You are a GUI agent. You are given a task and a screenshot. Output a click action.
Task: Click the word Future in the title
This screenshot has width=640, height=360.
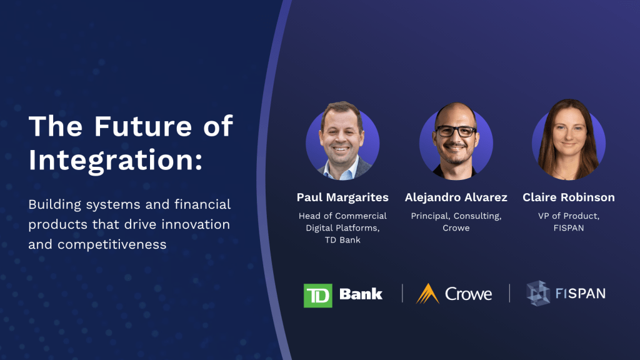click(143, 126)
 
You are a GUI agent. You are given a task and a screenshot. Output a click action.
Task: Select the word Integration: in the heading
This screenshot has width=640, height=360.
click(116, 161)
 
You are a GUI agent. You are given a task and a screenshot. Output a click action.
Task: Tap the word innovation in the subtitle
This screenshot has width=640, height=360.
click(196, 224)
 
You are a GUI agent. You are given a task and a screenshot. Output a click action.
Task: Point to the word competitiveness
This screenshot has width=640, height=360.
click(112, 244)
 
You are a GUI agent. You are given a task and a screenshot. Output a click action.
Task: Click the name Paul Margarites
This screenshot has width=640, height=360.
click(342, 197)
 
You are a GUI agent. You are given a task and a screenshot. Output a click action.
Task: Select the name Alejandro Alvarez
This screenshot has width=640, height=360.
click(456, 197)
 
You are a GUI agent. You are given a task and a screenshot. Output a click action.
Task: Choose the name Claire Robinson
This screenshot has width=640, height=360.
click(569, 197)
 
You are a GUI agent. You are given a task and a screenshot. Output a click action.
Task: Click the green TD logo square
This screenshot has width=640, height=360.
click(318, 296)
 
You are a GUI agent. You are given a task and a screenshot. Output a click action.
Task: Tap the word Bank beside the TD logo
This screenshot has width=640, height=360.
click(361, 294)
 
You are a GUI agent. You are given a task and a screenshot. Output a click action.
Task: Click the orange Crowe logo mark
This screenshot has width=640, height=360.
click(427, 294)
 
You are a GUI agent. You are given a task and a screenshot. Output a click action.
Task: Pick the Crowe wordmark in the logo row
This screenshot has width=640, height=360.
click(469, 294)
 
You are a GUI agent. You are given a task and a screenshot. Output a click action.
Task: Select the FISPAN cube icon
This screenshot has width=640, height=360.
click(538, 293)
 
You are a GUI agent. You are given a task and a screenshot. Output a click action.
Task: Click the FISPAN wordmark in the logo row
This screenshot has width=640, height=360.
click(581, 294)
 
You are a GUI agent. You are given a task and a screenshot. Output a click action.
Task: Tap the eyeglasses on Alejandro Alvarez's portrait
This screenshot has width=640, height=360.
click(456, 131)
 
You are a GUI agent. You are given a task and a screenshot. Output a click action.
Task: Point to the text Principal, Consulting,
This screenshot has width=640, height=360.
click(456, 216)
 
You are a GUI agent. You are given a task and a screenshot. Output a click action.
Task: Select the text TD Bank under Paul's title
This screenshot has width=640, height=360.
click(342, 240)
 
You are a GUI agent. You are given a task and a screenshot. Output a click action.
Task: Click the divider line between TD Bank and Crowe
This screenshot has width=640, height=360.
click(402, 294)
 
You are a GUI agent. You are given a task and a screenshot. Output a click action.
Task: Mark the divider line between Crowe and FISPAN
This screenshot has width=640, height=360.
click(509, 294)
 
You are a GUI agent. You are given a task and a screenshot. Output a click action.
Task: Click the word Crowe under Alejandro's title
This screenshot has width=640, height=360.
click(456, 228)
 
